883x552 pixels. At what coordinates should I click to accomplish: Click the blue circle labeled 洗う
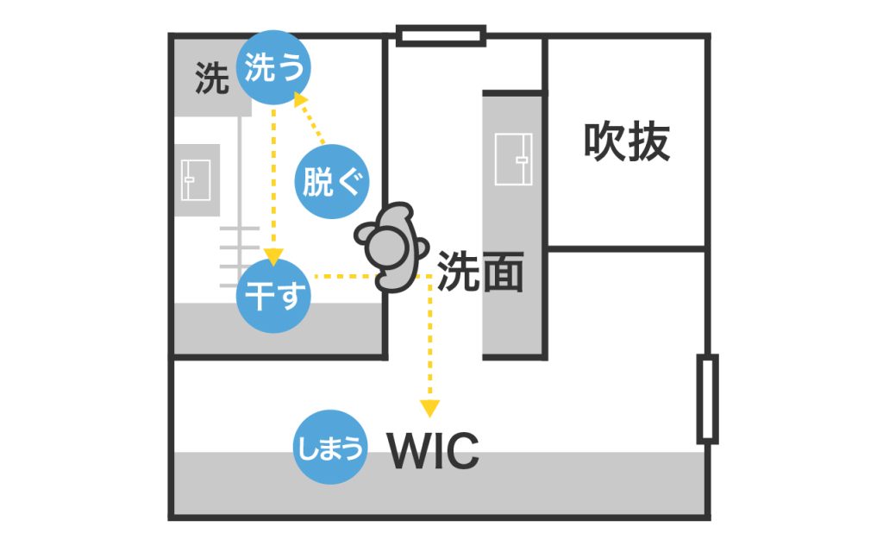coord(273,67)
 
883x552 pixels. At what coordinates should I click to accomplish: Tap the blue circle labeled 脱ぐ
coord(332,181)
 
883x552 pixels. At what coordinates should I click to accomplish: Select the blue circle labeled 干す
coord(273,296)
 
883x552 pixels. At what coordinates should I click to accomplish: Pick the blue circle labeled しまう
coord(330,447)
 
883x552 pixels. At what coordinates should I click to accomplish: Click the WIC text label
coord(433,450)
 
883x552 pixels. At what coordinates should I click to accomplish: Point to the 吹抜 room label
coord(627,141)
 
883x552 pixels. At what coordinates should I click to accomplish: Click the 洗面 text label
coord(480,272)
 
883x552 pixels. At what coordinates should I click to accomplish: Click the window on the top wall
coord(441,35)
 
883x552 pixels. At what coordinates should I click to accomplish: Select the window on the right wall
coord(707,398)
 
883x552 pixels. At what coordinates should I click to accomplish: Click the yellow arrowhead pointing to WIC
coord(429,408)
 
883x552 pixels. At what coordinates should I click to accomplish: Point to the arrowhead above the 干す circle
coord(273,256)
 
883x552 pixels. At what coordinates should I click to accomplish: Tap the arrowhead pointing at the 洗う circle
coord(301,100)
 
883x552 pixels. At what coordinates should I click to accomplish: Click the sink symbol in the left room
coord(196,180)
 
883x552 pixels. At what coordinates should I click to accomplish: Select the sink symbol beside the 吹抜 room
coord(513,160)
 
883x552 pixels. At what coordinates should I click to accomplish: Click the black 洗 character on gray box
coord(212,78)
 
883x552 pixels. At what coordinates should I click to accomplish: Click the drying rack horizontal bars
coord(240,256)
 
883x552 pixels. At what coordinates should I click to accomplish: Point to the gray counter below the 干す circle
coord(279,329)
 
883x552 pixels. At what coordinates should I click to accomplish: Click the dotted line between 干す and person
coord(345,277)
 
